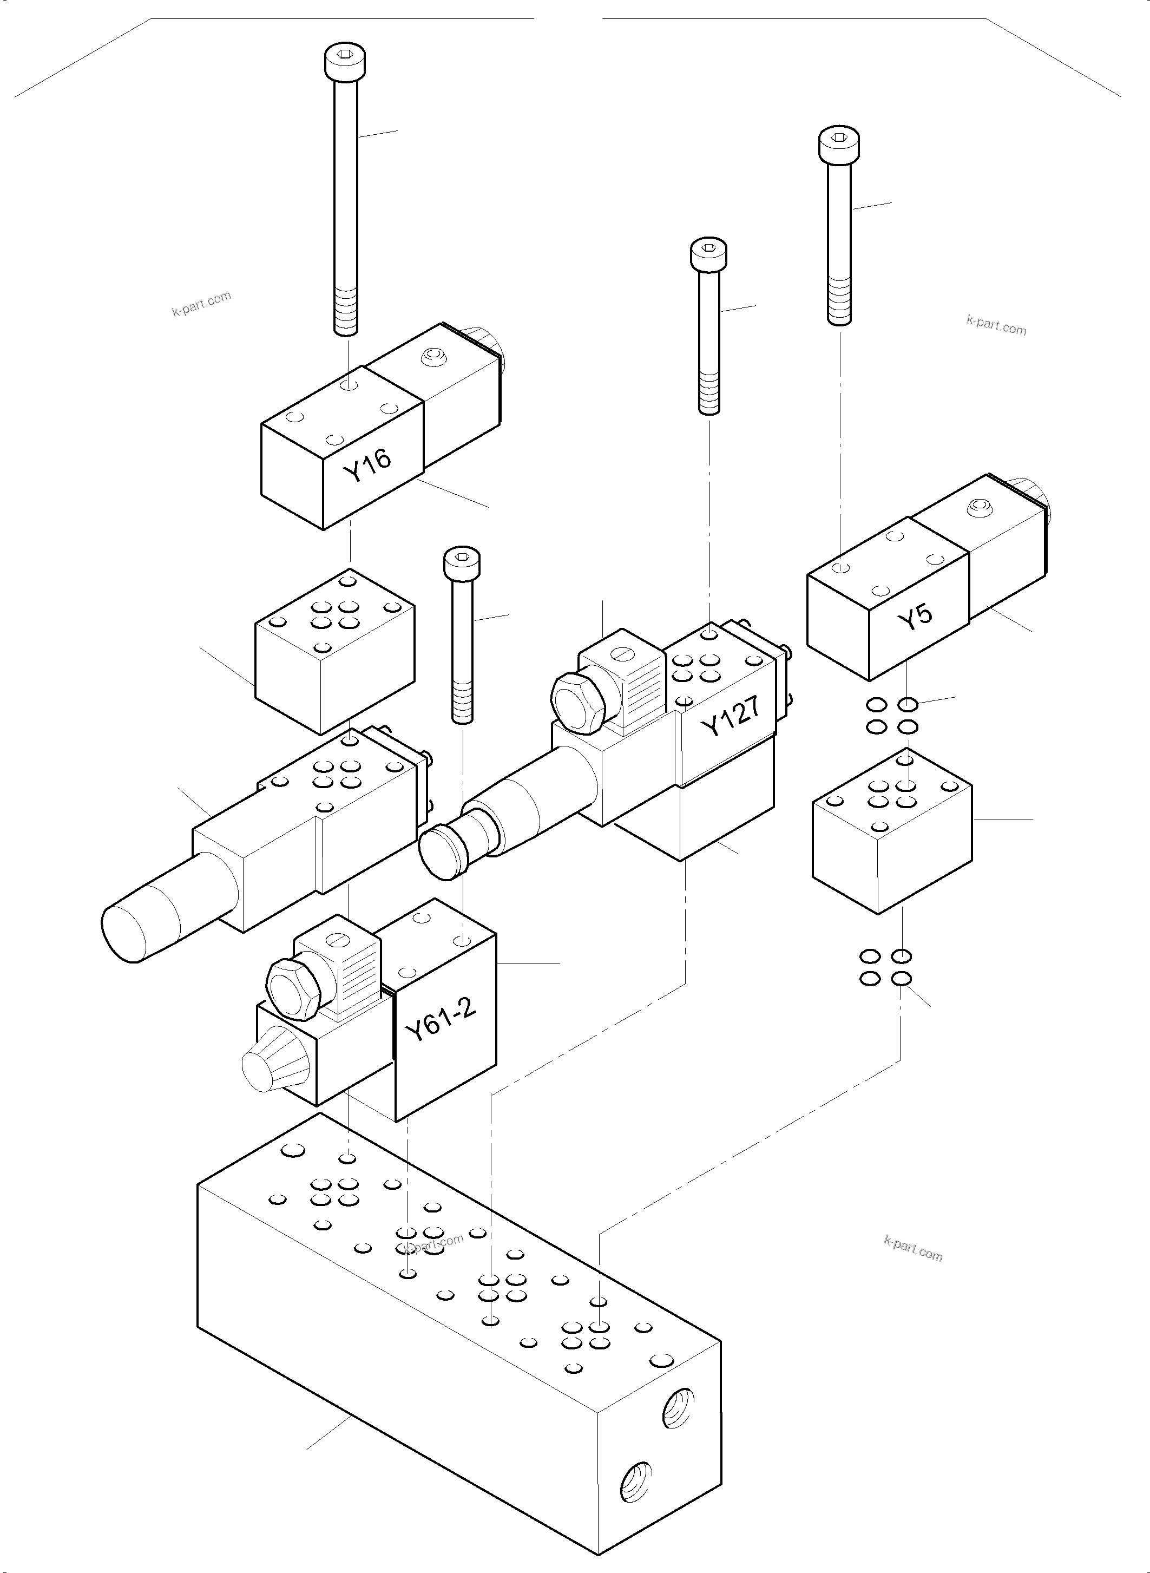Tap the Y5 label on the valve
pos(915,617)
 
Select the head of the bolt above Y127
pos(709,254)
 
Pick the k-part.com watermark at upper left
pos(201,304)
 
